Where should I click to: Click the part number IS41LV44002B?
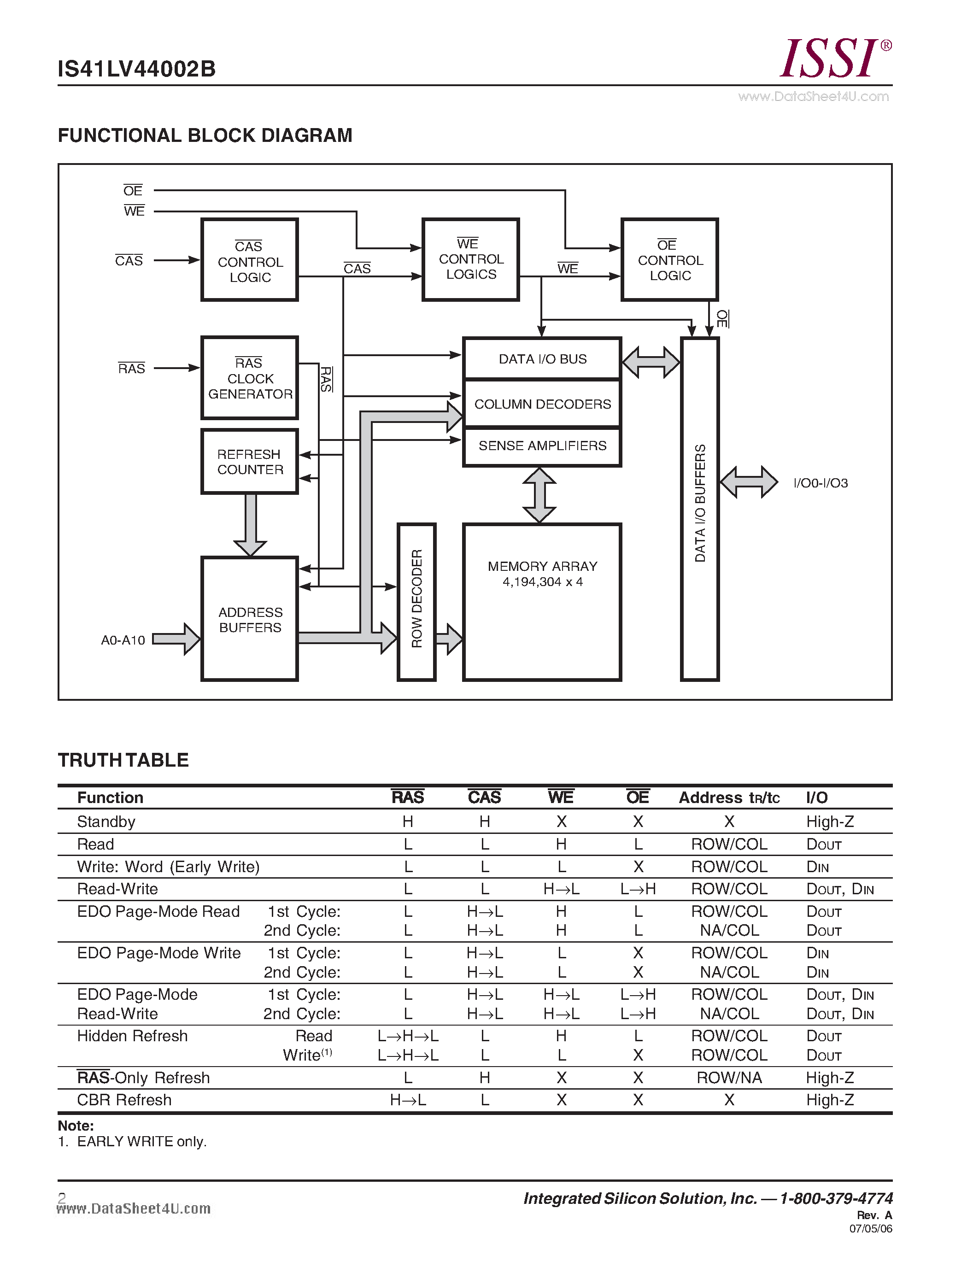pyautogui.click(x=137, y=69)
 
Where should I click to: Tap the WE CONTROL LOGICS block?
pyautogui.click(x=470, y=259)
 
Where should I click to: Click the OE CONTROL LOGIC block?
pyautogui.click(x=669, y=260)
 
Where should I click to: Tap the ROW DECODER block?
pyautogui.click(x=416, y=602)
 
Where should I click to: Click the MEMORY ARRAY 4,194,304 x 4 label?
pyautogui.click(x=542, y=574)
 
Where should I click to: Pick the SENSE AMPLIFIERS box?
pyautogui.click(x=542, y=446)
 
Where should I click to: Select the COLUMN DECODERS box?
pyautogui.click(x=542, y=404)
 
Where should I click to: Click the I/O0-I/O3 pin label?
pyautogui.click(x=820, y=483)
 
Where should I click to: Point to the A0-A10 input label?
pyautogui.click(x=123, y=640)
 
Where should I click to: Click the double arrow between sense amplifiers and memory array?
pyautogui.click(x=539, y=495)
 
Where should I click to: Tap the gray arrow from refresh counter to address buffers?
pyautogui.click(x=250, y=525)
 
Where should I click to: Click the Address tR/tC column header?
pyautogui.click(x=729, y=798)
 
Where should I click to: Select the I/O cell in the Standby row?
pyautogui.click(x=829, y=821)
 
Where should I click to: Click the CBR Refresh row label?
pyautogui.click(x=124, y=1100)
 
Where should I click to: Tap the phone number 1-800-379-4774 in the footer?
pyautogui.click(x=836, y=1198)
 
